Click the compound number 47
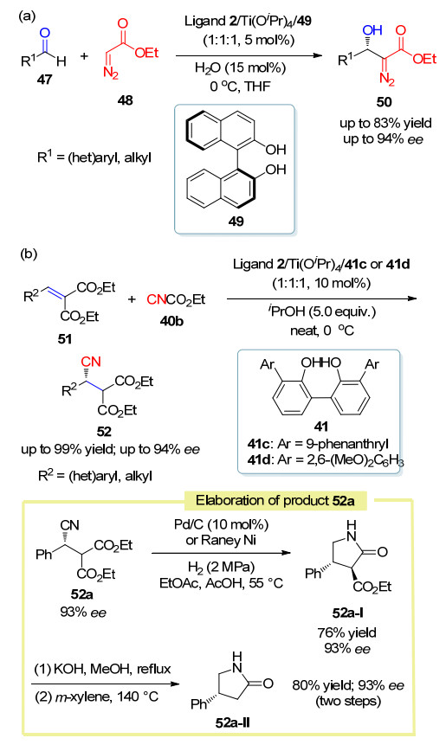[44, 79]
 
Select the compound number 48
[126, 100]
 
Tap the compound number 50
[385, 101]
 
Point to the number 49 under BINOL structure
[236, 221]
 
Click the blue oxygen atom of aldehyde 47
[45, 33]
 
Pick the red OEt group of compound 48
[146, 53]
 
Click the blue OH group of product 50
[372, 29]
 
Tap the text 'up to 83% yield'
[385, 123]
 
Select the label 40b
[171, 321]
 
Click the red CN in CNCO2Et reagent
[157, 299]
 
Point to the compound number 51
[65, 339]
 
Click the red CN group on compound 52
[91, 361]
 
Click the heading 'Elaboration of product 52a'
[275, 500]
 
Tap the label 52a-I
[347, 613]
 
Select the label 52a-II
[233, 722]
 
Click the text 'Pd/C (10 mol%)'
[221, 524]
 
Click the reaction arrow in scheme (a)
[249, 55]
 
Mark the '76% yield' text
[346, 632]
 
